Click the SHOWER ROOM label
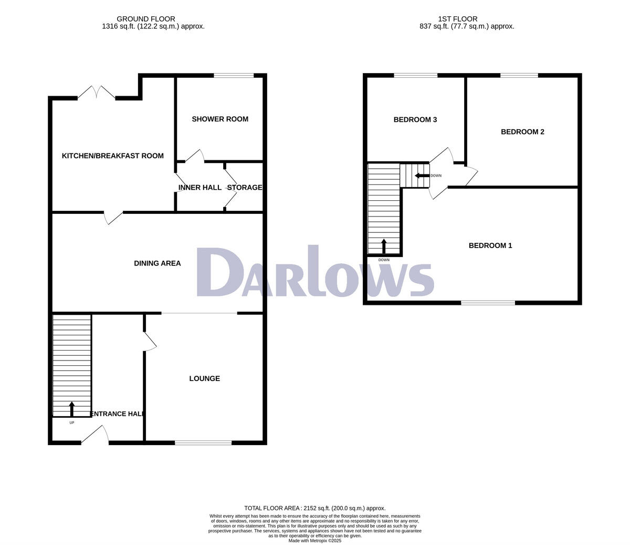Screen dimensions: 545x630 click(x=220, y=119)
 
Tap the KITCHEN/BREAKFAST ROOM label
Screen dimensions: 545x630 click(x=113, y=156)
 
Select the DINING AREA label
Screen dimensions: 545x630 click(x=157, y=263)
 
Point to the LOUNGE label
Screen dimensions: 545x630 click(x=205, y=378)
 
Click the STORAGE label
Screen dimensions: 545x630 click(x=245, y=188)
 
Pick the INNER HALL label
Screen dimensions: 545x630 click(x=200, y=188)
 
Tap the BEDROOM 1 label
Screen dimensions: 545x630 click(x=490, y=245)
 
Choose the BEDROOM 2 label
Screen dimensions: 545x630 click(x=522, y=132)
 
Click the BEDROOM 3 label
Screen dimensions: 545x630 click(x=415, y=120)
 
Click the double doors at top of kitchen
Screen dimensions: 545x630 click(x=97, y=94)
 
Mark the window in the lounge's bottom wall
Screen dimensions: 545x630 click(x=203, y=443)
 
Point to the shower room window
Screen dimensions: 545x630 click(x=234, y=76)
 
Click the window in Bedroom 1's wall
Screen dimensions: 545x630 click(x=488, y=303)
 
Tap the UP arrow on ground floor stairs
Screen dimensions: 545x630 click(x=72, y=409)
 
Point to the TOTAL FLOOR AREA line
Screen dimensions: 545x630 click(x=315, y=508)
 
